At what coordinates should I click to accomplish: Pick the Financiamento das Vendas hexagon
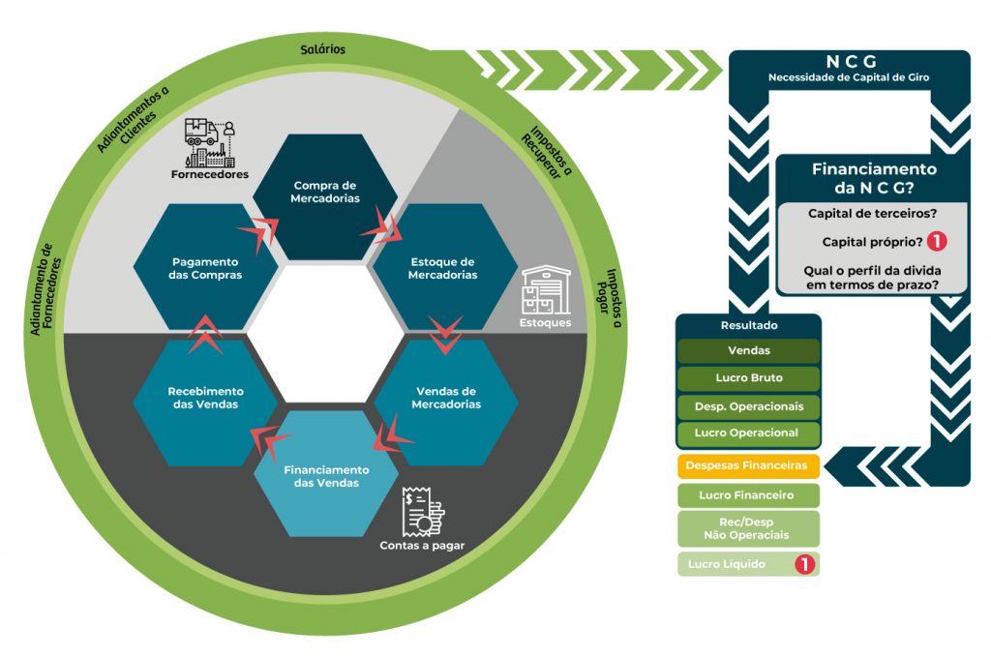click(325, 474)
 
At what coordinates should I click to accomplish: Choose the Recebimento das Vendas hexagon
click(205, 398)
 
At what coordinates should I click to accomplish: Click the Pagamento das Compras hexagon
click(205, 267)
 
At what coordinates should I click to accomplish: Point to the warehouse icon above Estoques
click(548, 289)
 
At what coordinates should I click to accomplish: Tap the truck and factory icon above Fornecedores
click(213, 143)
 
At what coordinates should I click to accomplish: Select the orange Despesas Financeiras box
click(747, 465)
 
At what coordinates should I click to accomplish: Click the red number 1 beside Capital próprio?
click(936, 242)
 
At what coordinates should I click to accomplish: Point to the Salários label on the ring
click(323, 48)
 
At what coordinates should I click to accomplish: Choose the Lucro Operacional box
click(747, 433)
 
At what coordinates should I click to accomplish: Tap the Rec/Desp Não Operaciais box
click(747, 528)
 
